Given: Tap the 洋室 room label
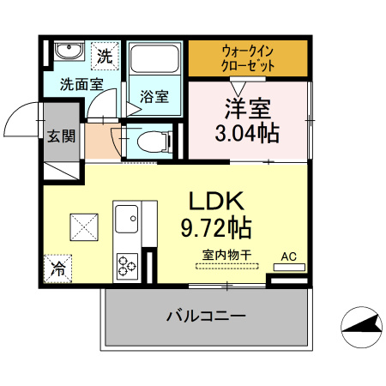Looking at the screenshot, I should tap(248, 110).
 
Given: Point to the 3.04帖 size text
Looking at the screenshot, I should tap(248, 135).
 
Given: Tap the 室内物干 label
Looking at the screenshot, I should tap(226, 255).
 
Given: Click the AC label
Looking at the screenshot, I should tap(289, 256).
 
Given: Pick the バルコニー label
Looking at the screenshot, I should tap(206, 316).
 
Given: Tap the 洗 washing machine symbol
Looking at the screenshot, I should tap(104, 57).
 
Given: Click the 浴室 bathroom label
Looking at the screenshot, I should tap(156, 96).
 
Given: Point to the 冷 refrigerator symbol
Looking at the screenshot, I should tap(58, 267).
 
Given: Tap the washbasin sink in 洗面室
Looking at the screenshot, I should tap(67, 53).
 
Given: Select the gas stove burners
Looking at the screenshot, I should tap(127, 265).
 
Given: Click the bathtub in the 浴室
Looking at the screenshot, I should tap(154, 59).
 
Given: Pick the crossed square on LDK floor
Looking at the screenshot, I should tap(85, 227).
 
